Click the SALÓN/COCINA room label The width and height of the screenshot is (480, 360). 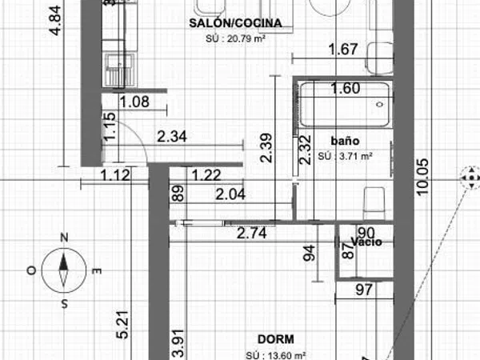point(235,23)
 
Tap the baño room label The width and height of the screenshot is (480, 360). point(345,141)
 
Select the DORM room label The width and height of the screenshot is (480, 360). point(276,339)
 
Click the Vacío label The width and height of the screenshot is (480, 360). point(366,242)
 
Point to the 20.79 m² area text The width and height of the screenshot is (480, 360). point(235,39)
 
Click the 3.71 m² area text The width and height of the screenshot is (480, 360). point(345,156)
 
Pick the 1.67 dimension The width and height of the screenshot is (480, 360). point(343,50)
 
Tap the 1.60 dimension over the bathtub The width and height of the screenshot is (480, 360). point(346,89)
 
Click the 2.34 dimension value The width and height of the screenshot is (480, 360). point(172,136)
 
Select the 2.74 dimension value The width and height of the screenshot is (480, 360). point(252,234)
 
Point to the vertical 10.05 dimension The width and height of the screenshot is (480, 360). point(422,177)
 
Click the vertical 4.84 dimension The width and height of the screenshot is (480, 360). point(56,21)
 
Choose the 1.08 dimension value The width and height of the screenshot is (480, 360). point(134,102)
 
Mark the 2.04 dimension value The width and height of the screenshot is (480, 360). point(230,194)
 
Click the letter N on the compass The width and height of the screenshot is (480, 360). point(64,238)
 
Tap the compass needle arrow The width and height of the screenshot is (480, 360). point(64,270)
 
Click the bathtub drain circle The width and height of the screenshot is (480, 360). point(380,105)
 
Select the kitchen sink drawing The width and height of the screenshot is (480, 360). point(120,70)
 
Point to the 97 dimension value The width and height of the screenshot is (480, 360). point(364,290)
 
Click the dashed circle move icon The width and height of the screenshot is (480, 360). point(471,178)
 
